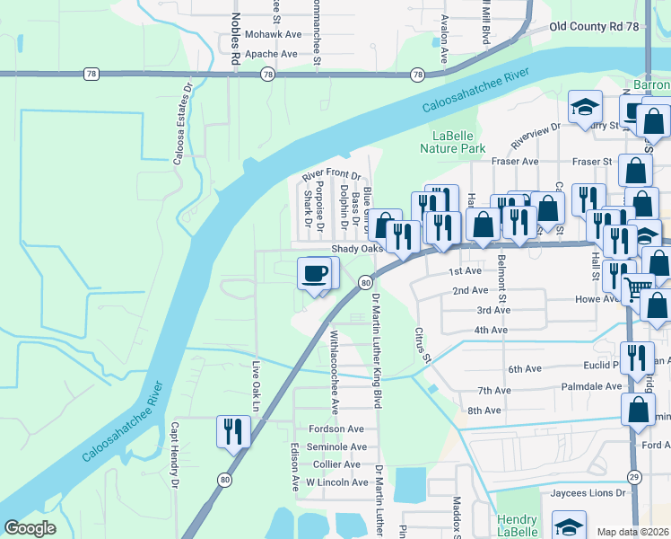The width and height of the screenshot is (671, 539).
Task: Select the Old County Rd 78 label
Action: tap(607, 28)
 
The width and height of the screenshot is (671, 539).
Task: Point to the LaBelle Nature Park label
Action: tap(453, 141)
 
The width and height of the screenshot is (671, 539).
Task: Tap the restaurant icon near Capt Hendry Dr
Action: tap(231, 431)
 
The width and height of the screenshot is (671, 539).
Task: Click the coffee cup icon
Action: tap(314, 273)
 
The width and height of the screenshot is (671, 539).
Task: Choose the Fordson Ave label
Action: tap(335, 429)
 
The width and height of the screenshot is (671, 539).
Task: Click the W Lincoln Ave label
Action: tap(337, 482)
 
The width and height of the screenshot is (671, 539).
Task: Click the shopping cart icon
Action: tap(638, 288)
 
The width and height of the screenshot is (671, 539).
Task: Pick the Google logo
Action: tap(30, 527)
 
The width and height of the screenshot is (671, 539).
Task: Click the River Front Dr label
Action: tap(331, 176)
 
